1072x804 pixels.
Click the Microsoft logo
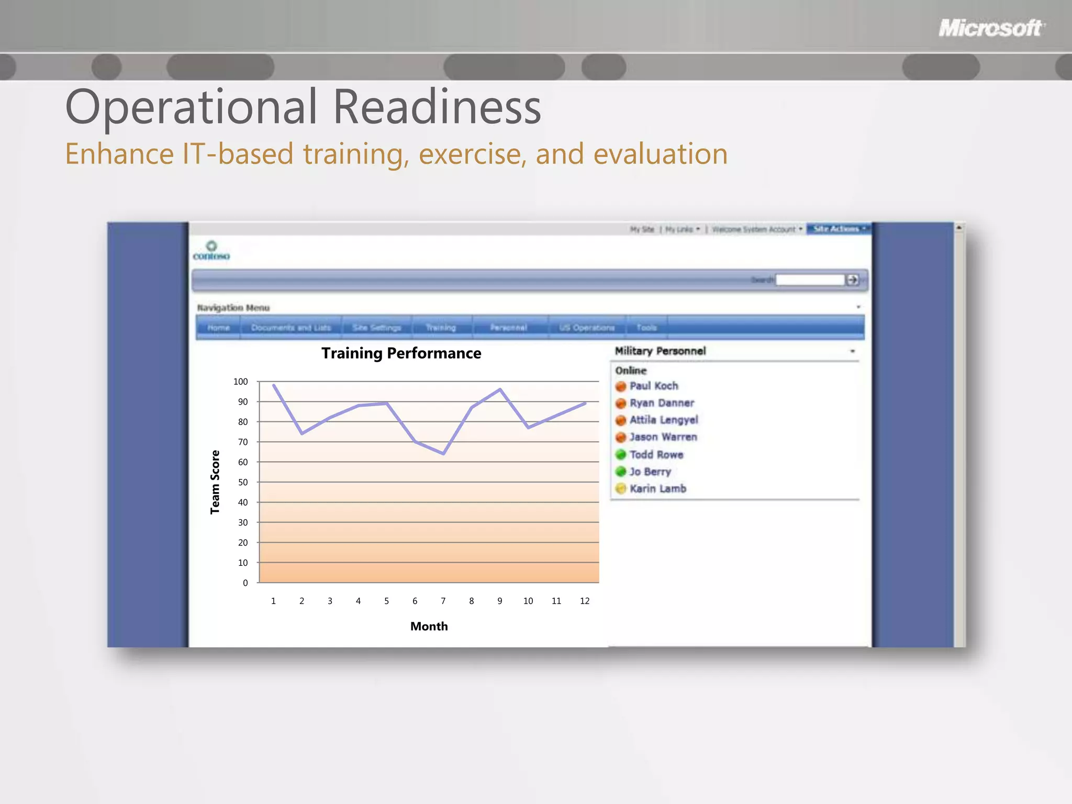[x=991, y=28]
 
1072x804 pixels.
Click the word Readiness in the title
[x=437, y=107]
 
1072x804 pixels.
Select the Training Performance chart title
[x=401, y=353]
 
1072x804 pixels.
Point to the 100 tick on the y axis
[x=240, y=382]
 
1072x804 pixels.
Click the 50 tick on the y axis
[x=243, y=482]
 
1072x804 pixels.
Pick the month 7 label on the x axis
[x=443, y=601]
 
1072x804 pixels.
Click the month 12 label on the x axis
[x=584, y=601]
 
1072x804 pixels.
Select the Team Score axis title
[x=215, y=482]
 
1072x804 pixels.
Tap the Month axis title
[x=429, y=626]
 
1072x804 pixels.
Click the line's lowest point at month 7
[x=443, y=453]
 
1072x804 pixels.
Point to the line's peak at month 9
[x=500, y=389]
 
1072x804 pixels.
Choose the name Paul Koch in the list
[x=653, y=386]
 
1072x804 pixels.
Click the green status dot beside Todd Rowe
[x=621, y=454]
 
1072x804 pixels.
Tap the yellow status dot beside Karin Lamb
[x=621, y=488]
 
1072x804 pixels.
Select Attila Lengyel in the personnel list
[x=663, y=420]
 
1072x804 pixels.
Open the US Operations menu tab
[x=586, y=328]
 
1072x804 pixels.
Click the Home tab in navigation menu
[x=218, y=328]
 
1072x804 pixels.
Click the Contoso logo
[x=211, y=251]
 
